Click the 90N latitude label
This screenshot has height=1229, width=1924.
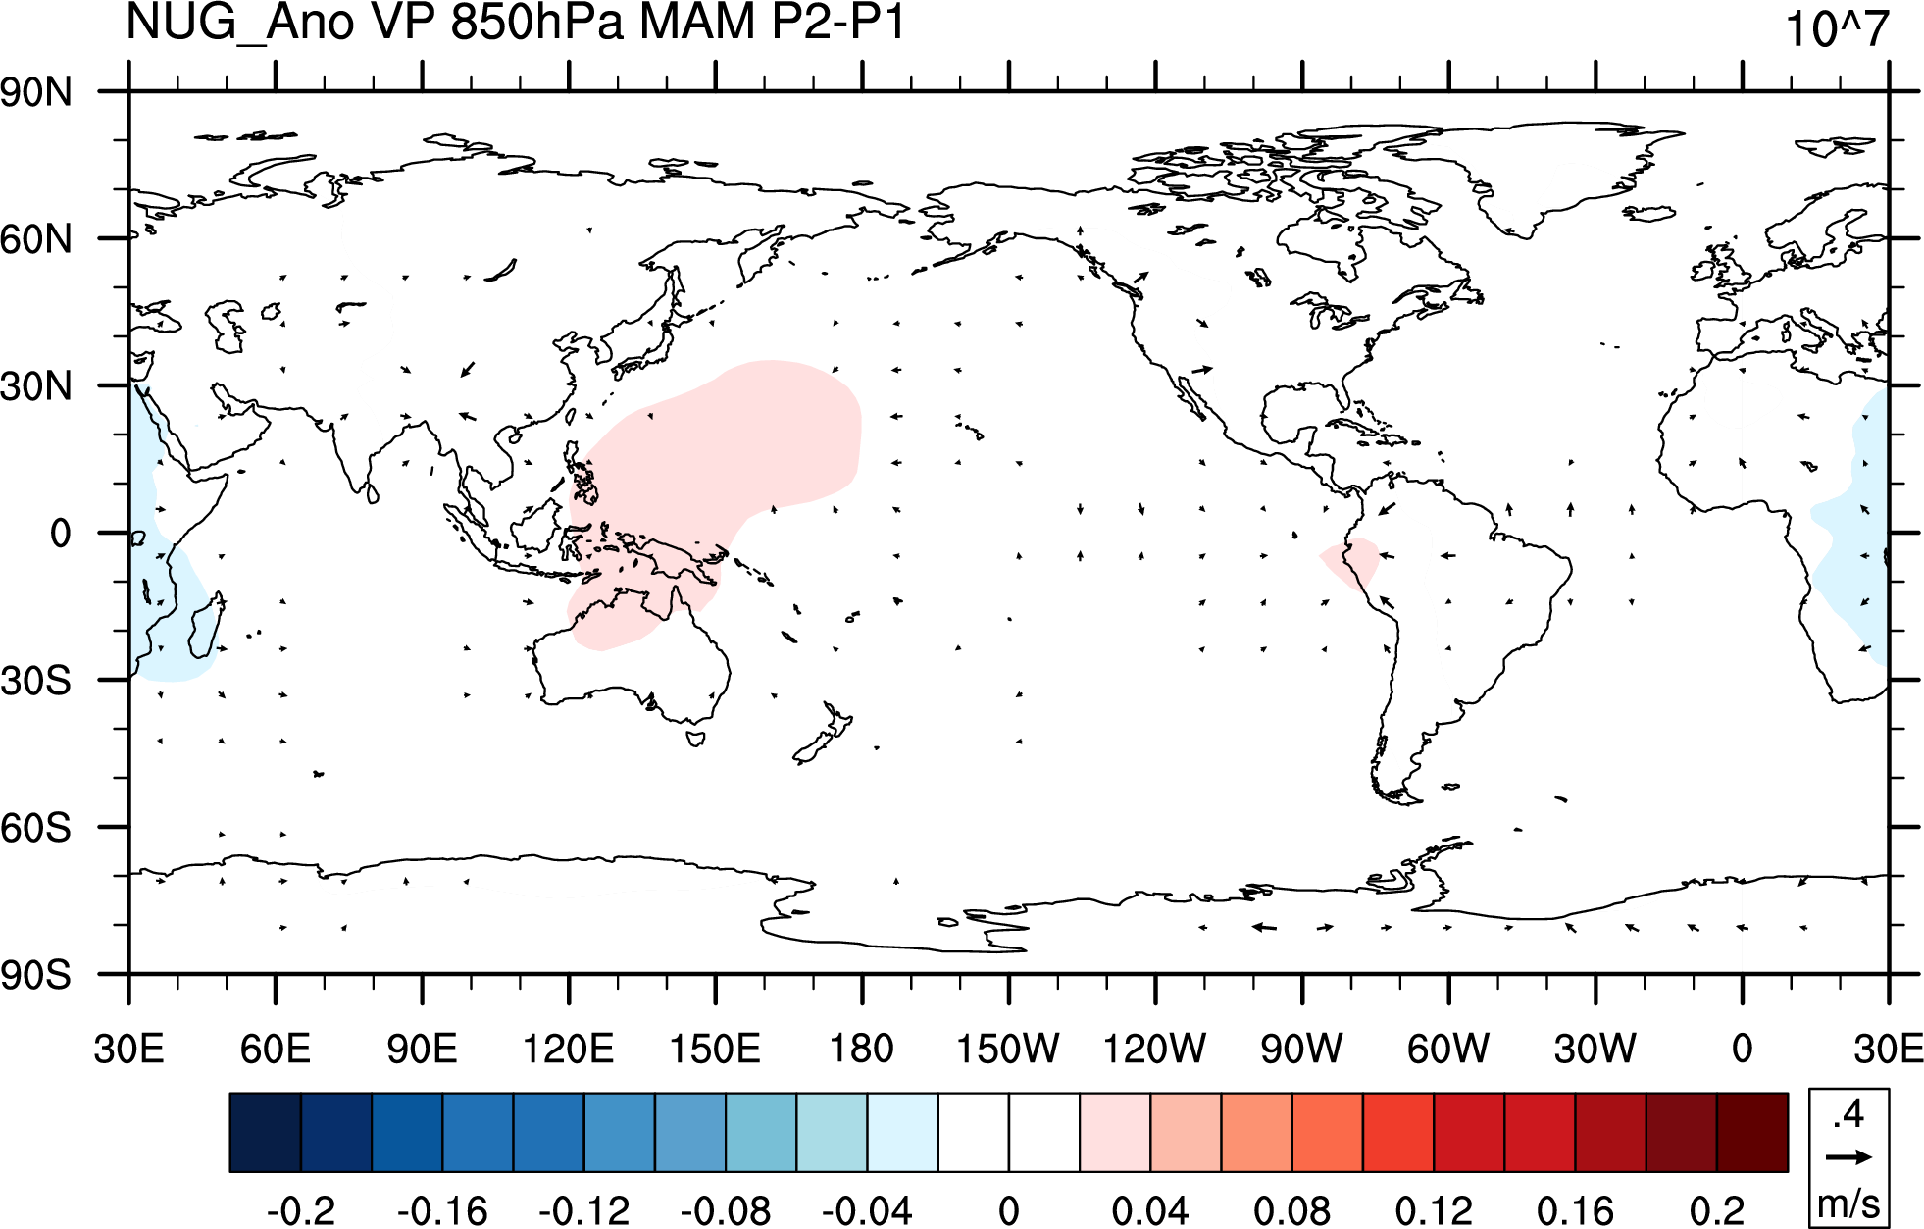(36, 93)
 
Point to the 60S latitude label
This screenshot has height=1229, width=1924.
(36, 829)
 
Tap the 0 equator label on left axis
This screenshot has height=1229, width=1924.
(61, 534)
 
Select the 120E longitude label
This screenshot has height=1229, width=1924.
(568, 1049)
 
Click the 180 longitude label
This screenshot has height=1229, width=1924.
(862, 1049)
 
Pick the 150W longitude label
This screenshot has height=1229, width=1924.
(1008, 1049)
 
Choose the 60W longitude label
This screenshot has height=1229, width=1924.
(1448, 1049)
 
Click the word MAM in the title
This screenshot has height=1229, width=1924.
(697, 22)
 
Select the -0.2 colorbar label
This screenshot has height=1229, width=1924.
(301, 1210)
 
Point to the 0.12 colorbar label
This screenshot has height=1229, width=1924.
(1434, 1210)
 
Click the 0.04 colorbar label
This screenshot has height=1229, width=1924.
(1150, 1210)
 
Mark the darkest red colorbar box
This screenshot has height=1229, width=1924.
(1752, 1132)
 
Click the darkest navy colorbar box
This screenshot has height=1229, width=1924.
(266, 1132)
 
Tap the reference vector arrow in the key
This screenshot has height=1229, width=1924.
(1848, 1157)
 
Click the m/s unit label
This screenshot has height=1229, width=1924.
(1848, 1203)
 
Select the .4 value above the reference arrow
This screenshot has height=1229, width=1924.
(1849, 1114)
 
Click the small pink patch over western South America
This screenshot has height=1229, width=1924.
(1350, 562)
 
